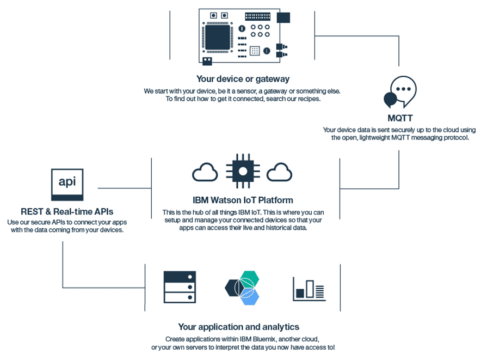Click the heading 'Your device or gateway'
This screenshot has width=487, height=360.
(243, 79)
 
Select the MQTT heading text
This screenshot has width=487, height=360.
(400, 118)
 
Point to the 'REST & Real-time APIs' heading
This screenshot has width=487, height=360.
(67, 211)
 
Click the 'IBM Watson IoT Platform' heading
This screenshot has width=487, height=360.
(243, 200)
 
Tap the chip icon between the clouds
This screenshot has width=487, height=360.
(243, 170)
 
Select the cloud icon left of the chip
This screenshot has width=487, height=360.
(205, 172)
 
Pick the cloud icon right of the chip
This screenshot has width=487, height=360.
(280, 172)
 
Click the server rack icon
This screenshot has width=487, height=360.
(180, 286)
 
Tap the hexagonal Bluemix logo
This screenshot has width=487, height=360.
(243, 287)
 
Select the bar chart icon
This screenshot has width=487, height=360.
(309, 289)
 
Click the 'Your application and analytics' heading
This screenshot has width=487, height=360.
(238, 327)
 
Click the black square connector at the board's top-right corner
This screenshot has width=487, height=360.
(283, 17)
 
